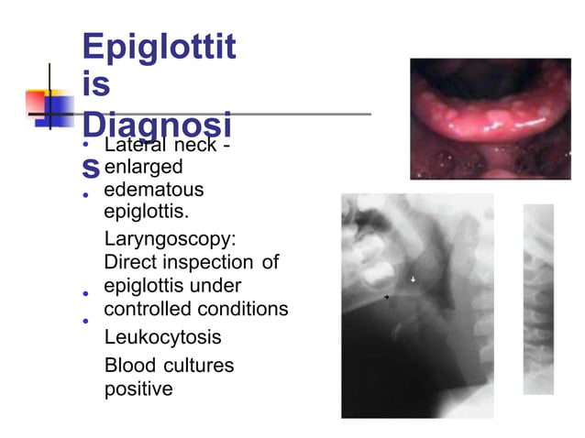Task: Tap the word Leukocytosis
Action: (x=163, y=337)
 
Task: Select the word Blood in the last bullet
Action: (x=130, y=366)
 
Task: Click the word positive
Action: (x=138, y=389)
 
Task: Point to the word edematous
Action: (x=154, y=191)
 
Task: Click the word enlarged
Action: (x=144, y=168)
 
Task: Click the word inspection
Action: (x=211, y=262)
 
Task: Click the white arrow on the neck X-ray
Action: (x=414, y=279)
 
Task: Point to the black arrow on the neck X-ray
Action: (x=387, y=298)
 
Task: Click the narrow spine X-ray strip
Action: (x=538, y=298)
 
